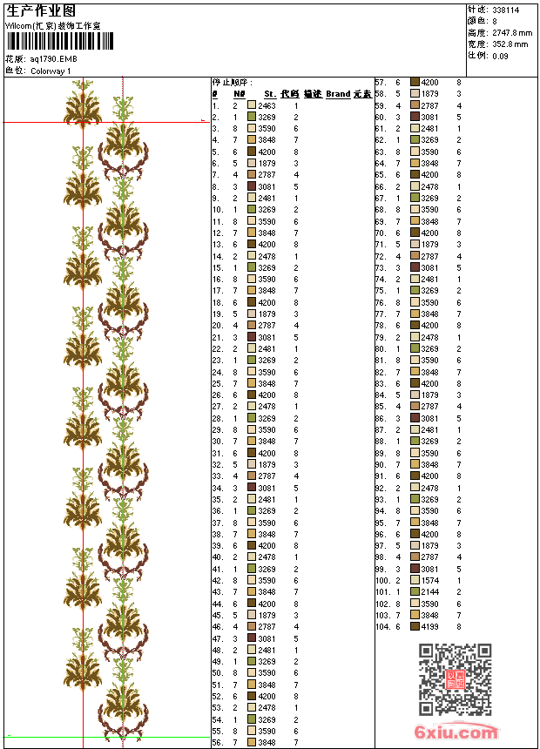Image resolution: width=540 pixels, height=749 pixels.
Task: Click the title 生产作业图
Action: [x=41, y=10]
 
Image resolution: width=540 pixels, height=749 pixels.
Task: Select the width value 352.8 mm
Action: [x=510, y=44]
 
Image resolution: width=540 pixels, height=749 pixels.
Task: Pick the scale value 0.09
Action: [x=500, y=55]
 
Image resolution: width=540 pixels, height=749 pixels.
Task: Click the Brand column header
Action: [x=338, y=94]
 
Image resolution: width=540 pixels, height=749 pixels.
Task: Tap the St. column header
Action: [x=270, y=94]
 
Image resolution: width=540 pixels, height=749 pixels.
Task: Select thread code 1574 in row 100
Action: [x=430, y=580]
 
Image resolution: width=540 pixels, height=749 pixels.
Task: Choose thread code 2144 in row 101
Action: [x=430, y=591]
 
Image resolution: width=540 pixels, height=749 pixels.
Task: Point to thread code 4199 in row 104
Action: [x=430, y=626]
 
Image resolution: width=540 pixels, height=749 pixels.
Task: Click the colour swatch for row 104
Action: [x=415, y=626]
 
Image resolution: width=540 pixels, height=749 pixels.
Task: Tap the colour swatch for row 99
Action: [x=415, y=569]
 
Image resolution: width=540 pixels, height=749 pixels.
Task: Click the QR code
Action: [x=456, y=679]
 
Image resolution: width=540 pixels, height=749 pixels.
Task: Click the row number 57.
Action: [x=381, y=82]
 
